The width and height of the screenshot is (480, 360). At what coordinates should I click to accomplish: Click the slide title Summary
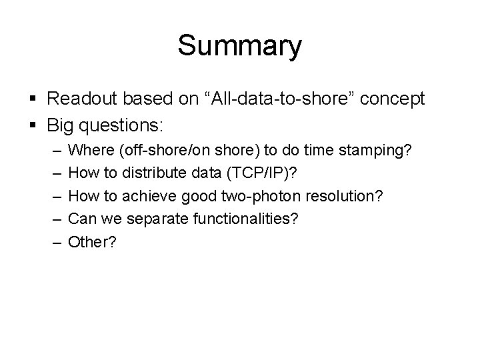239,46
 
